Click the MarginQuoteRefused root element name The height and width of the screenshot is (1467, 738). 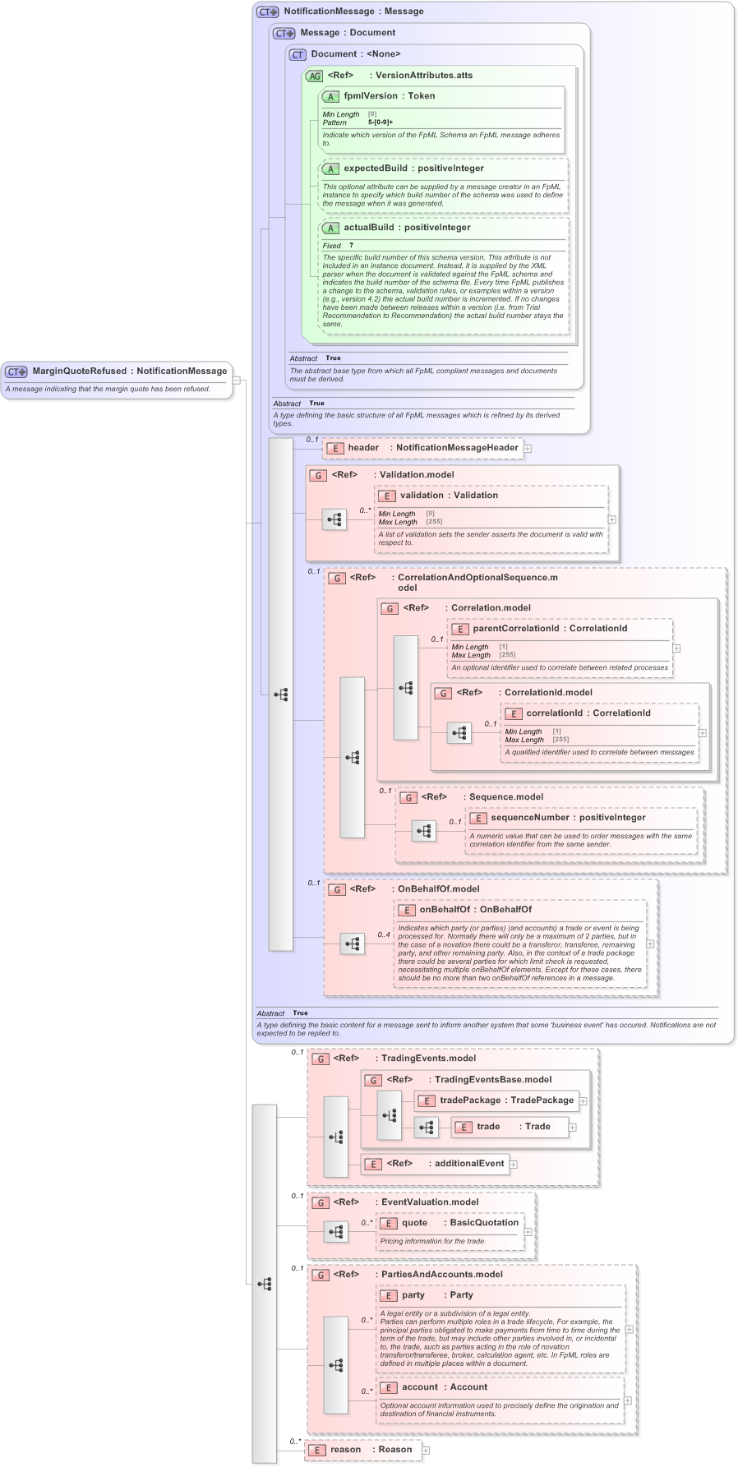[x=80, y=371]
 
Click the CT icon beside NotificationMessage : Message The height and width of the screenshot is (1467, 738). [x=268, y=12]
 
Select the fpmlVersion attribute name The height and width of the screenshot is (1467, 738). [x=370, y=96]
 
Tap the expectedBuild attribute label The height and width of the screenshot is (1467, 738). [x=375, y=168]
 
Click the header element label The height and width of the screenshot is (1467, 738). [x=363, y=448]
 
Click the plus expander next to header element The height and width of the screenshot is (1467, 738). [x=528, y=449]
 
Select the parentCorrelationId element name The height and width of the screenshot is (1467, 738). [x=515, y=629]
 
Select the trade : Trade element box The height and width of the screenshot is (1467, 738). [x=510, y=1127]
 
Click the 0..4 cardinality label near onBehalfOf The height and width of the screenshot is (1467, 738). [x=384, y=934]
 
